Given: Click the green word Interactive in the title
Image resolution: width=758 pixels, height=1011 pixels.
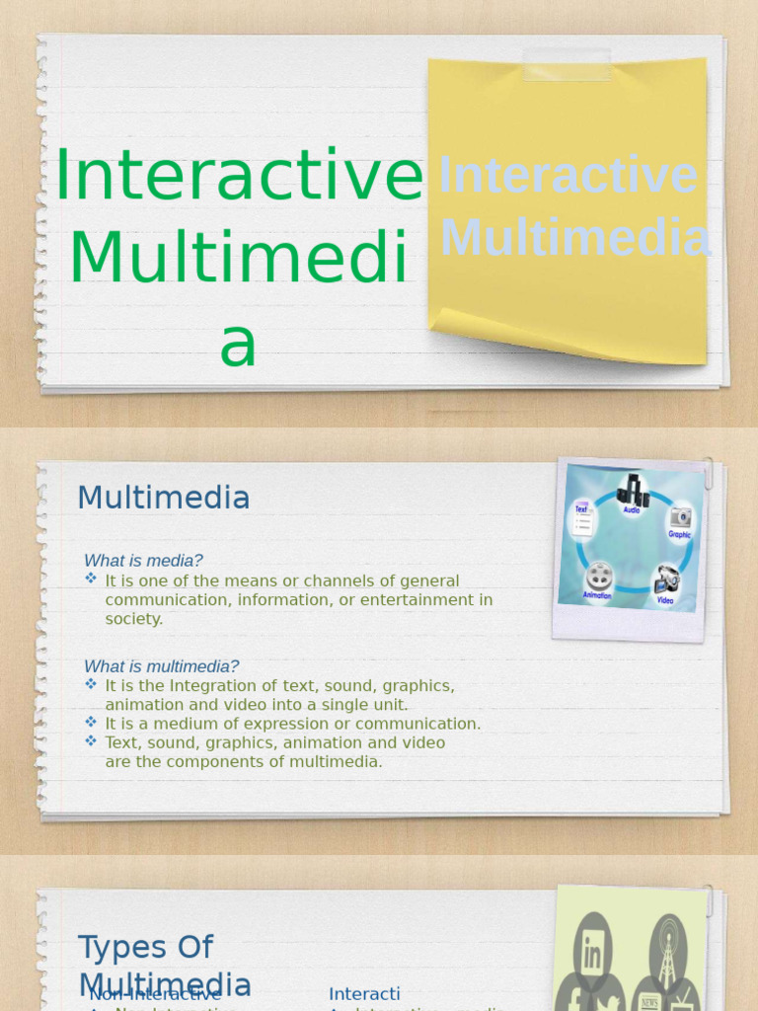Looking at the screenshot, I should (239, 176).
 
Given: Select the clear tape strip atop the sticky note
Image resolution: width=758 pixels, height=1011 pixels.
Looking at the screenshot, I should (567, 65).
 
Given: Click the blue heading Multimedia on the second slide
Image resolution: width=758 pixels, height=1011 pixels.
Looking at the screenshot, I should (163, 498).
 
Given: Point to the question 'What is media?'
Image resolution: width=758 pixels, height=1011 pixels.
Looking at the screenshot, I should (143, 561).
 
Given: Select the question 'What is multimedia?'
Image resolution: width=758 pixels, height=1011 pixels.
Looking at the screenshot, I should (161, 666).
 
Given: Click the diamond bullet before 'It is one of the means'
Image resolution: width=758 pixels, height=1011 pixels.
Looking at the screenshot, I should (91, 579).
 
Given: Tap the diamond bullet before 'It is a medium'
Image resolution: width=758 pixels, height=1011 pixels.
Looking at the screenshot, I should (91, 722).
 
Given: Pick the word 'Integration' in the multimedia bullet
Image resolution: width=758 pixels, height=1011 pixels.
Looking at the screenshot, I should (216, 685).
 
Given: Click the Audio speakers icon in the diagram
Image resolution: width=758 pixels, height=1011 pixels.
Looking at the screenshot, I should (633, 491).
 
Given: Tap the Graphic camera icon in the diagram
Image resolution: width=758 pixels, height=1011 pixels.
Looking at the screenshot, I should (680, 518).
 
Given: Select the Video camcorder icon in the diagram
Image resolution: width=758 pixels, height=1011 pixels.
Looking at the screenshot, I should (666, 580).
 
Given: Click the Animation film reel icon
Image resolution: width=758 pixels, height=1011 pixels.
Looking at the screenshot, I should (598, 576).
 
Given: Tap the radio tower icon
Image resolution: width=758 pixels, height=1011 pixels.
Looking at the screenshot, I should (668, 949).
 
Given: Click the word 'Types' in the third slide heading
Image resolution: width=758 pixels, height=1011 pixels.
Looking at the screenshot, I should (117, 947).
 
